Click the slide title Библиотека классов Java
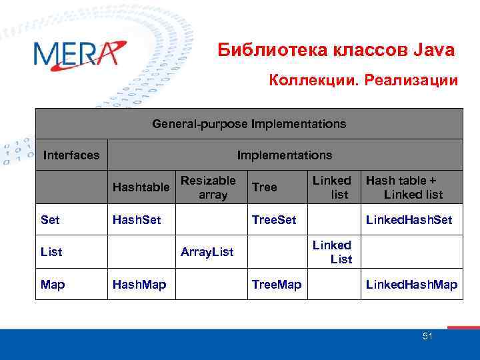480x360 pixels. coord(337,51)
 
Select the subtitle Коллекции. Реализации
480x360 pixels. coord(363,81)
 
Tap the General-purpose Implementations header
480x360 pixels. coord(249,124)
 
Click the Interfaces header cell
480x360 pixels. coord(71,155)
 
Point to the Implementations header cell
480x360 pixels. coord(284,155)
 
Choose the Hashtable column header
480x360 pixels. coord(141,187)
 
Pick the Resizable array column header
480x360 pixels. coord(208,187)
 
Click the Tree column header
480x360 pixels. coord(265,187)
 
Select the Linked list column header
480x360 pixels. coord(332,187)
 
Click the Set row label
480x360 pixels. coord(49,219)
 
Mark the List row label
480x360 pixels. coord(51,252)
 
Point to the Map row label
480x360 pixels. coord(53,285)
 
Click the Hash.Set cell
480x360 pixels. coord(137,219)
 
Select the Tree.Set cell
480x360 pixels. coord(274,219)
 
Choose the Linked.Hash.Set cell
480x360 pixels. coord(409,219)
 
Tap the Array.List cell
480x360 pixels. coord(207,252)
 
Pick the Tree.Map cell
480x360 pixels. coord(276,285)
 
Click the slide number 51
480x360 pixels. coord(427,337)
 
